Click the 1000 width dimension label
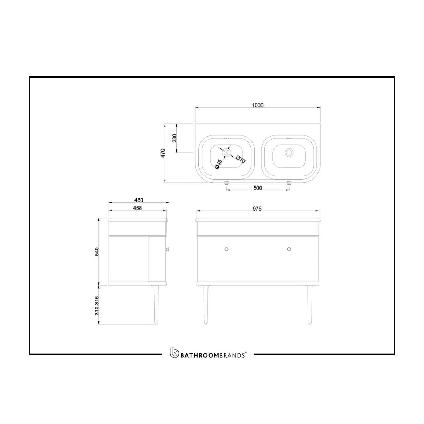tap(258, 105)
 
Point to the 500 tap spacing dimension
tap(257, 188)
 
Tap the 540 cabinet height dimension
tap(97, 251)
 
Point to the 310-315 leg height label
tap(97, 306)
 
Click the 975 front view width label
tap(257, 209)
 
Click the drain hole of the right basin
tap(289, 152)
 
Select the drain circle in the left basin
tap(227, 152)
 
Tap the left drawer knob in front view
tap(227, 249)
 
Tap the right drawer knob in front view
tap(289, 249)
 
